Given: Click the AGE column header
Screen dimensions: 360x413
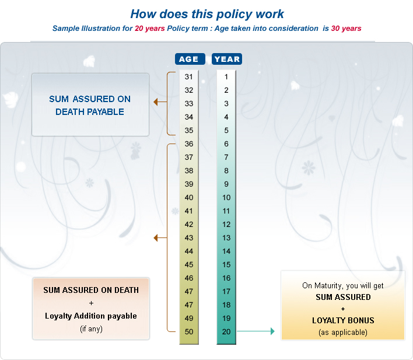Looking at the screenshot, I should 188,59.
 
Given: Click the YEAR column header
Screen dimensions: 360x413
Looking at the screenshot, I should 226,59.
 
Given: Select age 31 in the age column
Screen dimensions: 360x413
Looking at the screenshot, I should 188,77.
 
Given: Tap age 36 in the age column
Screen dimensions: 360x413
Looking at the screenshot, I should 188,144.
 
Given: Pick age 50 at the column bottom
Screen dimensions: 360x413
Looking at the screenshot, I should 188,332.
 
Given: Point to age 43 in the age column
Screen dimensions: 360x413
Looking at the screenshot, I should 188,238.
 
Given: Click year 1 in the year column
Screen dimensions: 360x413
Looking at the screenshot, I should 226,77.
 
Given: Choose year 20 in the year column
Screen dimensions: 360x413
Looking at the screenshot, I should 226,332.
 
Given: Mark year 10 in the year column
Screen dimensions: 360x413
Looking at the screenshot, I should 226,198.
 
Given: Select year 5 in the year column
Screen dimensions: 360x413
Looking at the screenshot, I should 226,131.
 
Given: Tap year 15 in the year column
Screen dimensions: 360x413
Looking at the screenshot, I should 226,265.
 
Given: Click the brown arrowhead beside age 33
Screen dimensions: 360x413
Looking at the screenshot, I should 156,102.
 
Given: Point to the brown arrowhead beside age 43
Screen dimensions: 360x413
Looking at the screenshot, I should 156,237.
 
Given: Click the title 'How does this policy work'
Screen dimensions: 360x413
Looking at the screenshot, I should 207,14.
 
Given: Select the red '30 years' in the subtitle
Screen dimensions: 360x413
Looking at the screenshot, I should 346,28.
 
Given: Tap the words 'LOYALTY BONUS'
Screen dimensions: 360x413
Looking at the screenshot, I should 343,320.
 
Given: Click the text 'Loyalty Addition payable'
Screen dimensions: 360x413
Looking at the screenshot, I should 91,316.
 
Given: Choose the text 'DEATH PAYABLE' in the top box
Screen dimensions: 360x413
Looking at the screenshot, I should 90,111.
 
